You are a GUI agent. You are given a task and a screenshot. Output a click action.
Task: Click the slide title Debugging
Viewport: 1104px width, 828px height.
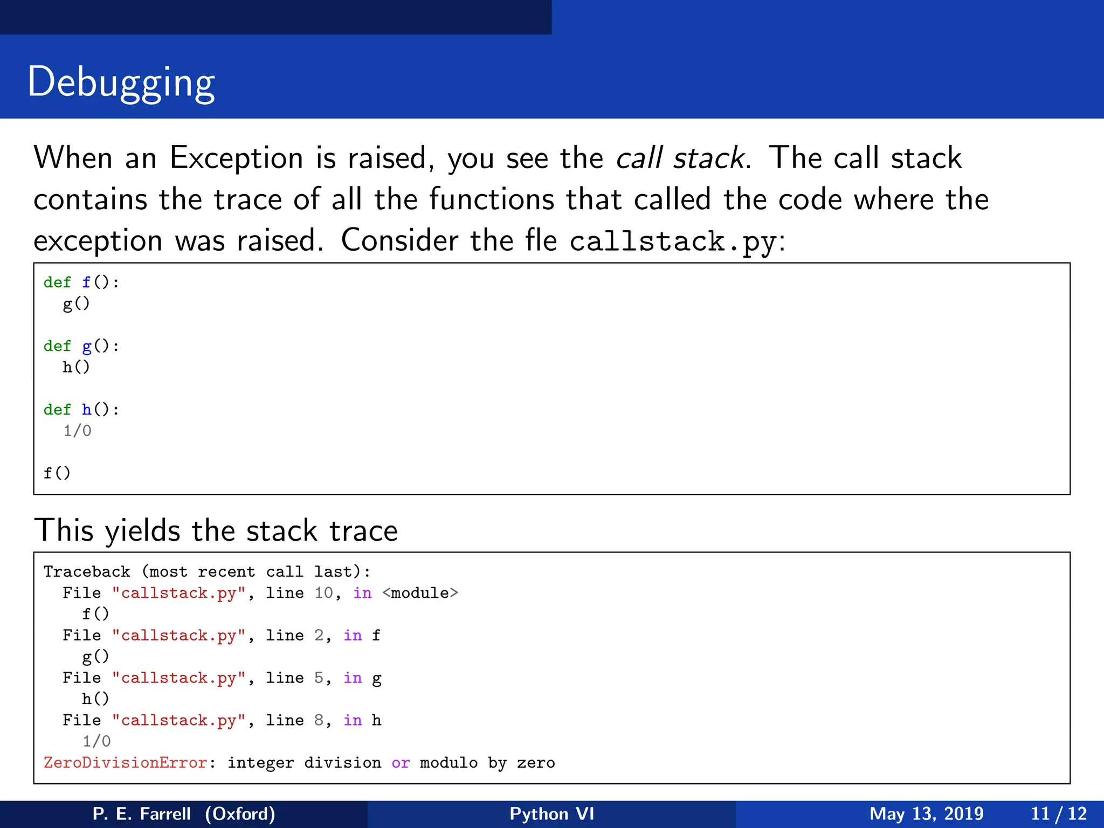point(121,82)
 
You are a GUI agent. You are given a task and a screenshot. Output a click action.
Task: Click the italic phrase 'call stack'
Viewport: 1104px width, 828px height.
point(680,158)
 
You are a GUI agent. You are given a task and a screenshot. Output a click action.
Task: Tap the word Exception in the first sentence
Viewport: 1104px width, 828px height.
point(236,158)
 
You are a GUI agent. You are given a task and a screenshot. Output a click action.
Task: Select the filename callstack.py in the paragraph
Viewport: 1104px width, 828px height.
point(673,241)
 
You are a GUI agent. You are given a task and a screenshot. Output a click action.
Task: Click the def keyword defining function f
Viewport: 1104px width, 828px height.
point(57,282)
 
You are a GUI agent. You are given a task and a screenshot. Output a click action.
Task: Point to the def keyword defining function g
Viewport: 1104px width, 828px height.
point(57,346)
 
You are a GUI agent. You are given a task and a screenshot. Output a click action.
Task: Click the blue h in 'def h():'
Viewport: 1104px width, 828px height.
point(87,410)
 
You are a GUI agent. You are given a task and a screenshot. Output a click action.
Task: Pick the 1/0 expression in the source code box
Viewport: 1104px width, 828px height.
point(77,431)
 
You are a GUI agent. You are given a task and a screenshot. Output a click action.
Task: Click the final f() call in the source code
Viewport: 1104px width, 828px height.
point(57,473)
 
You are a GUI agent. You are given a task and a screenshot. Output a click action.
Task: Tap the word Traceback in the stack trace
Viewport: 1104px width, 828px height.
point(87,571)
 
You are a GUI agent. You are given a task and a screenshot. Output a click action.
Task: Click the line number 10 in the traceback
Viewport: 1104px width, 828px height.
point(324,593)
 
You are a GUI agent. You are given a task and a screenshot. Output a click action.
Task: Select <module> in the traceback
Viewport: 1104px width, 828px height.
point(420,593)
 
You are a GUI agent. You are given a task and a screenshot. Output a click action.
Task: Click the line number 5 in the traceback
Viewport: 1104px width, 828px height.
point(319,678)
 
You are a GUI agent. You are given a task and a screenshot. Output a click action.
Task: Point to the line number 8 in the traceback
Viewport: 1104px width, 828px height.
point(319,720)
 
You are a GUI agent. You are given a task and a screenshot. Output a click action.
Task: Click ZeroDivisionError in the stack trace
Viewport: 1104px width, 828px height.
point(126,763)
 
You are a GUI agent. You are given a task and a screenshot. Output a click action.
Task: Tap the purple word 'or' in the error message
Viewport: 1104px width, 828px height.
point(401,763)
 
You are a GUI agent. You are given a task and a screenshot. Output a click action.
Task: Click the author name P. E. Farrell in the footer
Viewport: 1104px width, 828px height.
point(142,813)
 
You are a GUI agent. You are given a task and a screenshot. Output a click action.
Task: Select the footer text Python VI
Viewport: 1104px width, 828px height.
point(551,813)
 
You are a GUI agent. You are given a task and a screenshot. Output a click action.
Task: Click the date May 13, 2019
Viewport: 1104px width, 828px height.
point(926,813)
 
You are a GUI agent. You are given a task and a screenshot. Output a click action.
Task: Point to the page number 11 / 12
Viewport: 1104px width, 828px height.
point(1059,813)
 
